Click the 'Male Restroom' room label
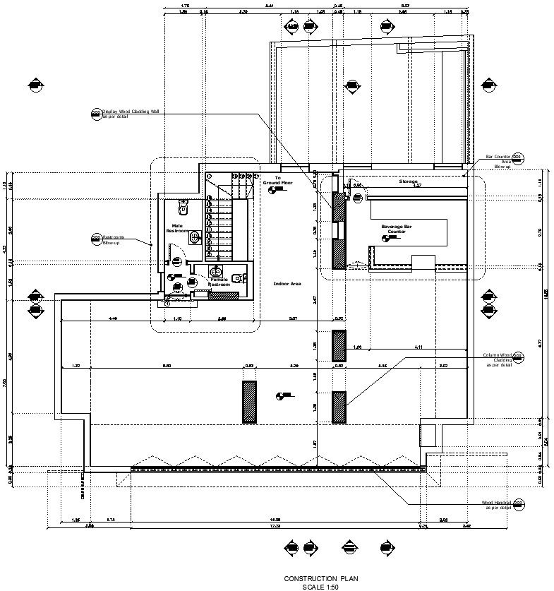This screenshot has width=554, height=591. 176,228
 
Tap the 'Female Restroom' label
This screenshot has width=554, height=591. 219,282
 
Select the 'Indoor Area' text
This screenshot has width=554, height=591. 287,283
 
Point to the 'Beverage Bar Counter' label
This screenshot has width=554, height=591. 393,229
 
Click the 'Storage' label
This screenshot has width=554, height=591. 409,181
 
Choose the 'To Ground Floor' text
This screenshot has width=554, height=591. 278,180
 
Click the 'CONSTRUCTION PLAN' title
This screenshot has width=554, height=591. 320,578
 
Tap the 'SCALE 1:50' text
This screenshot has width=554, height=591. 320,586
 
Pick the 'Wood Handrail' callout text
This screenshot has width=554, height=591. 496,505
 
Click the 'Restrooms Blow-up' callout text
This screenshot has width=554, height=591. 113,240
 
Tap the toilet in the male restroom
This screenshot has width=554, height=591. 183,208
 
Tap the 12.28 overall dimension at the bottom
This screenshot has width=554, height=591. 275,526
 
